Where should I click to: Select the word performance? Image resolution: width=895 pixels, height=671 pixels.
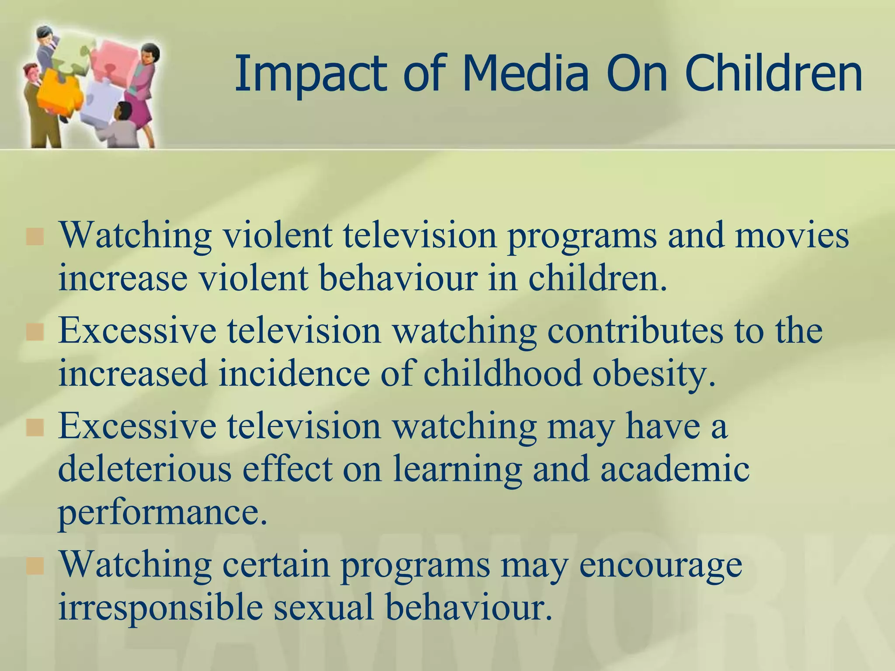[162, 514]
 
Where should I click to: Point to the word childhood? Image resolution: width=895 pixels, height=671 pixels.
[503, 374]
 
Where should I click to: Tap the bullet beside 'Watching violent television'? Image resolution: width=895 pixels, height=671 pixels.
[35, 236]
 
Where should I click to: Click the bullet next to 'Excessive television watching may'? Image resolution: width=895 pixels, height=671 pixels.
[35, 428]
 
